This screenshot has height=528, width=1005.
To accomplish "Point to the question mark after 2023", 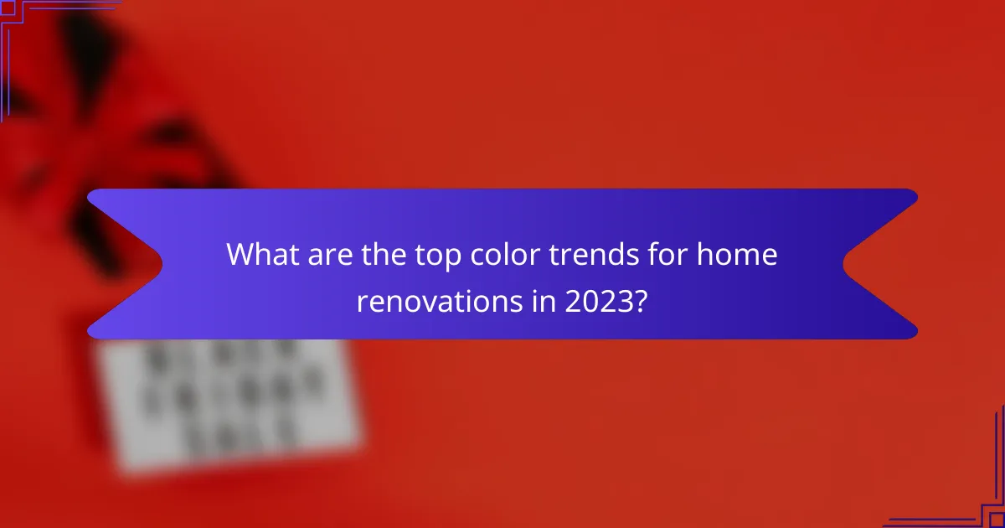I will click(641, 302).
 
